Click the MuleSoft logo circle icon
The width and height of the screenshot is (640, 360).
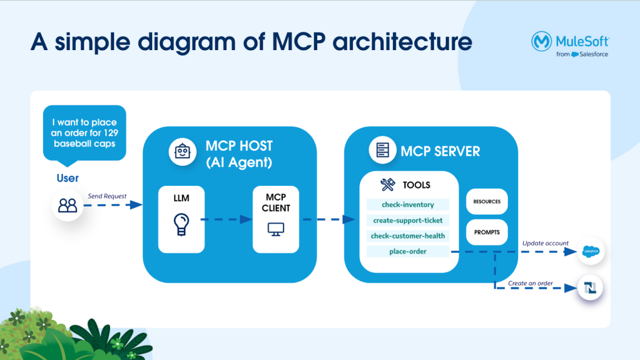[x=541, y=42]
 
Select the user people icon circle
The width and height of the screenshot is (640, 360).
[x=68, y=205]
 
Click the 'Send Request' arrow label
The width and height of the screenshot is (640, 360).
[x=107, y=196]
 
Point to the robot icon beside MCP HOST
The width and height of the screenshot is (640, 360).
[x=182, y=152]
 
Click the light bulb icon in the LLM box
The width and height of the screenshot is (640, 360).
[x=181, y=224]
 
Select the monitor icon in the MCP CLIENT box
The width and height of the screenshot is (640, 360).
[x=276, y=229]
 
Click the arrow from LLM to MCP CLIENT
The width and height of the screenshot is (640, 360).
[x=226, y=219]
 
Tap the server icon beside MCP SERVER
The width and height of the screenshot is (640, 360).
[x=382, y=150]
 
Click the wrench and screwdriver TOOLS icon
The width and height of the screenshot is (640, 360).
[x=388, y=185]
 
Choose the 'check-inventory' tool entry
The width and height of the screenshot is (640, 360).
[x=408, y=205]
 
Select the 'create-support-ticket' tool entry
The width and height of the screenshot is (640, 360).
[x=408, y=220]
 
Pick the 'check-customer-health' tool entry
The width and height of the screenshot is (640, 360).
[x=408, y=236]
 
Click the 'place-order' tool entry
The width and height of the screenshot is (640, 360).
[x=408, y=252]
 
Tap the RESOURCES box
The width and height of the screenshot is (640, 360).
[x=487, y=202]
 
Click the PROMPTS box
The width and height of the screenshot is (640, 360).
[x=487, y=232]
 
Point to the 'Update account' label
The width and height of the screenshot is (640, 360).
[x=546, y=243]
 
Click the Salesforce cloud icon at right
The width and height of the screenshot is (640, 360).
[x=591, y=252]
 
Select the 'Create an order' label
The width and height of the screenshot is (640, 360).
[x=531, y=283]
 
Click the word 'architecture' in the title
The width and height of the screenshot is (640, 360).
[x=403, y=42]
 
